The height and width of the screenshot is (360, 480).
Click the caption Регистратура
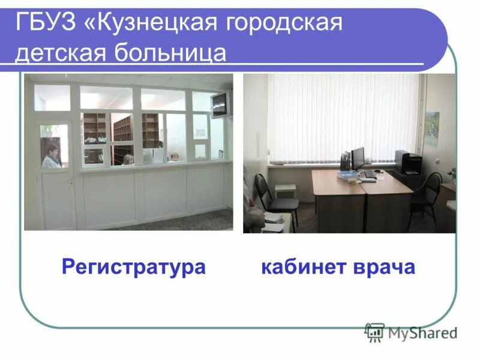point(133,267)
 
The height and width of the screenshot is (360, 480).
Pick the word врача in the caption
point(383,267)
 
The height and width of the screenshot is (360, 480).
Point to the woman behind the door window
point(52,155)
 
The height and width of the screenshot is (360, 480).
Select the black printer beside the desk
point(409,162)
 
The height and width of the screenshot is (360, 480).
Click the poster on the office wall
point(431,128)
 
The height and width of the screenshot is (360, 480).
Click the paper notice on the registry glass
point(200,125)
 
